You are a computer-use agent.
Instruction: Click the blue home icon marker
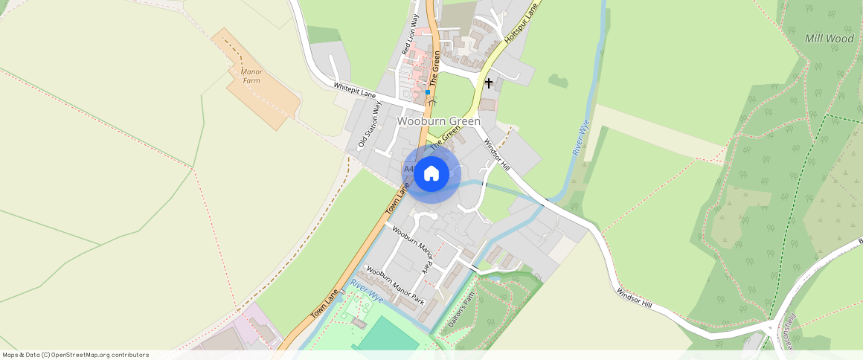(x=431, y=174)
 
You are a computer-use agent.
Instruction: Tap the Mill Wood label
(x=830, y=39)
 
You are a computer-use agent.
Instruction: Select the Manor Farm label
(x=252, y=76)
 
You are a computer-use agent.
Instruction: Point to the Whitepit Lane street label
(x=355, y=90)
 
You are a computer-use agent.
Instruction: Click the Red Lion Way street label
(x=410, y=35)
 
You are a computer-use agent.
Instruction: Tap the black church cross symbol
(x=489, y=83)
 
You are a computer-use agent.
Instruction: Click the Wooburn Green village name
(x=438, y=120)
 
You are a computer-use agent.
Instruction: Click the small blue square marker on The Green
(x=428, y=92)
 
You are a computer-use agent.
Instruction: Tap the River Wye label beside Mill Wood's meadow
(x=581, y=137)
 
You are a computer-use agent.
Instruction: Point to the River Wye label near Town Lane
(x=367, y=291)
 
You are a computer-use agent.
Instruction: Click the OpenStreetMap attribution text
(x=75, y=355)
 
